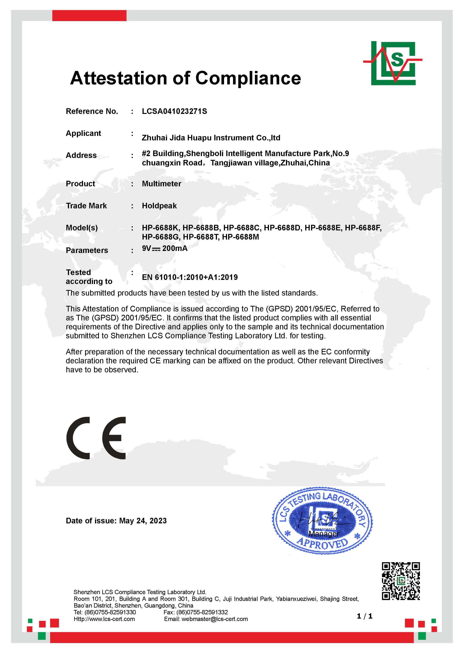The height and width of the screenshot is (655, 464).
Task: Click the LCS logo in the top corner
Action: point(393,63)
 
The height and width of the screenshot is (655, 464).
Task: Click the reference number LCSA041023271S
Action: point(174,111)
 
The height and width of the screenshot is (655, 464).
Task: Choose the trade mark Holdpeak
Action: point(159,206)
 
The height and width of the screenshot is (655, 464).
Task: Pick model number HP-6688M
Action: point(240,237)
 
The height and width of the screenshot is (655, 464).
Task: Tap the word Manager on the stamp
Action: point(324,534)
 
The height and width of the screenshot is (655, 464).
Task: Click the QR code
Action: point(401,581)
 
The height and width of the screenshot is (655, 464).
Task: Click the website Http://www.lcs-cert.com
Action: point(104,619)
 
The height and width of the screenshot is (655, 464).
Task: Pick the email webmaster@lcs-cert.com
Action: point(215,619)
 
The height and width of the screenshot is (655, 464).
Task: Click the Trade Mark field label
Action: point(86,206)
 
